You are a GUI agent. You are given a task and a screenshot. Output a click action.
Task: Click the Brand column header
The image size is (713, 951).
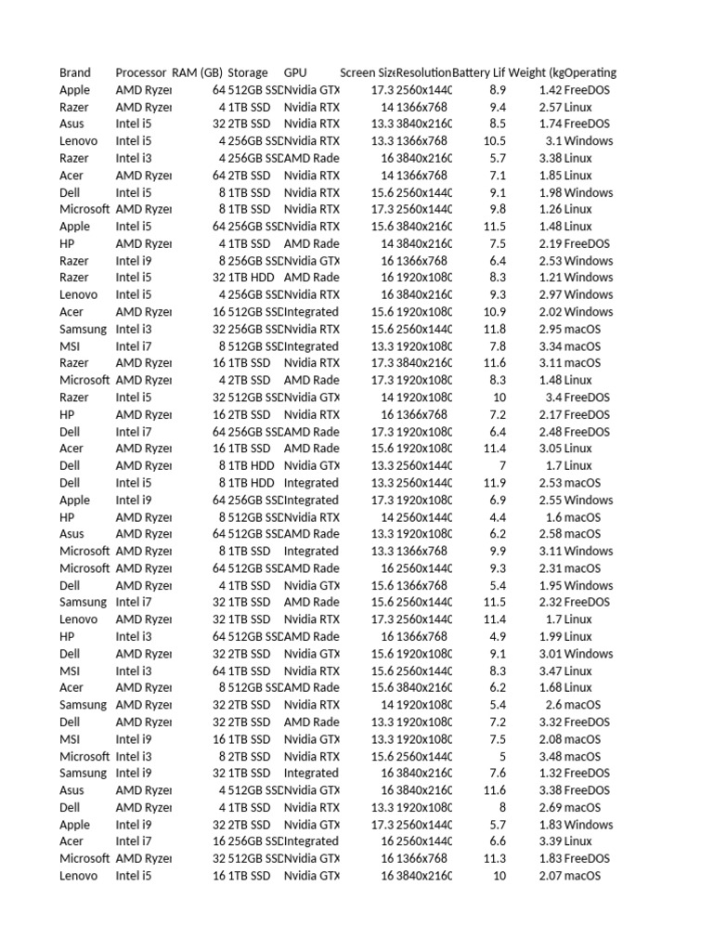[x=75, y=72]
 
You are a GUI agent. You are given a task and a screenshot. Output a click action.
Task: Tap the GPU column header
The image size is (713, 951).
[x=295, y=72]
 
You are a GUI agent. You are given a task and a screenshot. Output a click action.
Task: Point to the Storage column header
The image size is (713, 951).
[x=248, y=72]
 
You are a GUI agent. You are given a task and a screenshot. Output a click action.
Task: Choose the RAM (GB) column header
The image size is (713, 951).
[x=198, y=72]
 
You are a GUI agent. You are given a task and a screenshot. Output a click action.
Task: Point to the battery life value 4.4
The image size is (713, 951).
[x=498, y=517]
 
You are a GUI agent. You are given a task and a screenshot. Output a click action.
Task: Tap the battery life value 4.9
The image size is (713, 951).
[x=498, y=636]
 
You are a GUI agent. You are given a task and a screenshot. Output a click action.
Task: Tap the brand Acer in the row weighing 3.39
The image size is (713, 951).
[x=71, y=841]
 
